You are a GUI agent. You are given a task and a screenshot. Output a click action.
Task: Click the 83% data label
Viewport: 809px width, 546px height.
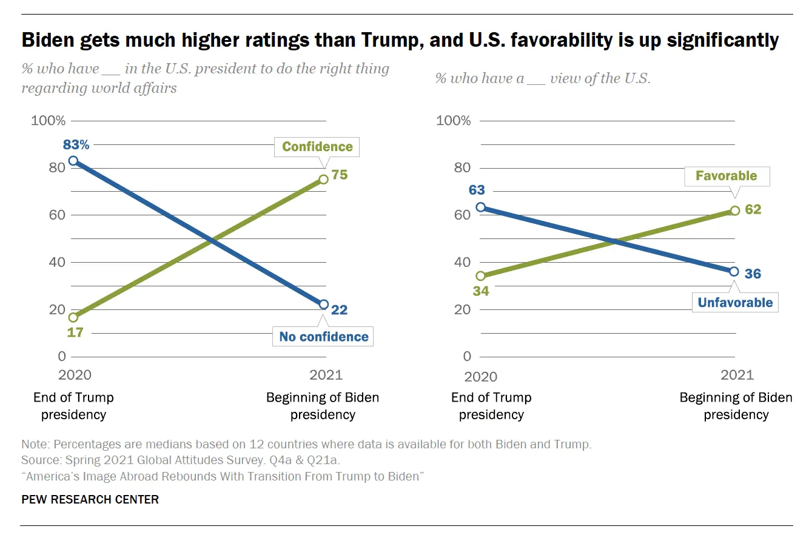pyautogui.click(x=76, y=144)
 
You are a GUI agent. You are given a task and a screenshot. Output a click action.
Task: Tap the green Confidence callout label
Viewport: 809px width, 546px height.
pyautogui.click(x=317, y=147)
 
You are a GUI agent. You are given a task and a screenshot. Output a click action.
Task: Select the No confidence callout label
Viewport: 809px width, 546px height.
pyautogui.click(x=324, y=337)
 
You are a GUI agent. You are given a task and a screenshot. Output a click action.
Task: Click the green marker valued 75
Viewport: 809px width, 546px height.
pyautogui.click(x=324, y=179)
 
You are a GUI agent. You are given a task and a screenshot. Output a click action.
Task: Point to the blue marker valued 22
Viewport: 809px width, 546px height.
pyautogui.click(x=324, y=305)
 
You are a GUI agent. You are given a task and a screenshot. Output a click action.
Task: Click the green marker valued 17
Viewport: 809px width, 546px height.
pyautogui.click(x=73, y=317)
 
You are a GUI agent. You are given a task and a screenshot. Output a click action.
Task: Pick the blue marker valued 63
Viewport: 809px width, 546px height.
pyautogui.click(x=481, y=207)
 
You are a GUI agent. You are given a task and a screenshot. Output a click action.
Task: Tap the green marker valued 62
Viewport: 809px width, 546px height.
pyautogui.click(x=735, y=211)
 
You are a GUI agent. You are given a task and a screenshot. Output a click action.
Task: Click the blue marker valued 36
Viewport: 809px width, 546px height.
pyautogui.click(x=734, y=272)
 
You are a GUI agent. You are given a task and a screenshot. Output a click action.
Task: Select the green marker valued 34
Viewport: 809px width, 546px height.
pyautogui.click(x=481, y=276)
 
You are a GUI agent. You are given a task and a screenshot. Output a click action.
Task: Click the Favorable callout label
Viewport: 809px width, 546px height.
pyautogui.click(x=726, y=176)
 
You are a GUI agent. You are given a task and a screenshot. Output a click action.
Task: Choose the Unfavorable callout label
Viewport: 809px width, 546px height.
pyautogui.click(x=735, y=303)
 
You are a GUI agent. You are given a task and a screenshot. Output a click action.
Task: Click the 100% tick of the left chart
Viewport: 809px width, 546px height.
pyautogui.click(x=49, y=121)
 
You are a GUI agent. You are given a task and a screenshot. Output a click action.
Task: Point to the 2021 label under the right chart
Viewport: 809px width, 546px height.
pyautogui.click(x=737, y=375)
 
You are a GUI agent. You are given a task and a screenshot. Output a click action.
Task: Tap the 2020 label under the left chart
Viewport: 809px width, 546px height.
pyautogui.click(x=75, y=375)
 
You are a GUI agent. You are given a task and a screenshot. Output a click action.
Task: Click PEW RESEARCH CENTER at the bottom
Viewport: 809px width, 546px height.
pyautogui.click(x=90, y=499)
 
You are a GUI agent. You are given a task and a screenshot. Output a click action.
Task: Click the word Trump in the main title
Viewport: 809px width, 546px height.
pyautogui.click(x=390, y=40)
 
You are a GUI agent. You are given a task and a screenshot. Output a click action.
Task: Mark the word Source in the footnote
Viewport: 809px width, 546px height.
pyautogui.click(x=40, y=460)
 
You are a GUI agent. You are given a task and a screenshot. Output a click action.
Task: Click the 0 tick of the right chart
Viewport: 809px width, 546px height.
pyautogui.click(x=467, y=357)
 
